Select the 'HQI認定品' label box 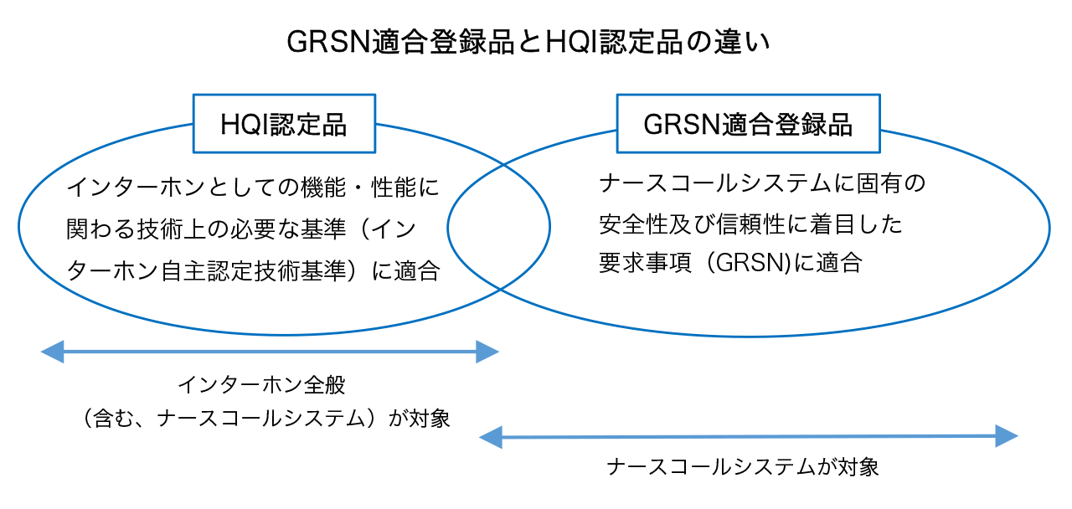click(284, 124)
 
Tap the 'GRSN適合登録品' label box click(748, 124)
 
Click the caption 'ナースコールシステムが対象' click(743, 466)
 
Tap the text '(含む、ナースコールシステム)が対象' click(261, 418)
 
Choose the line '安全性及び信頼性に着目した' click(751, 224)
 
